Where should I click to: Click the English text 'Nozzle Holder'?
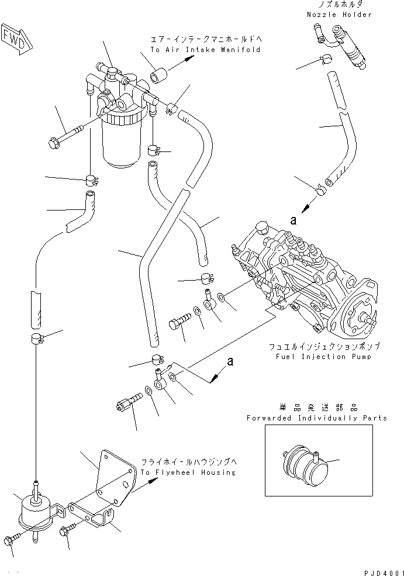339,14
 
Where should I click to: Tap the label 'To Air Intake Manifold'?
205,50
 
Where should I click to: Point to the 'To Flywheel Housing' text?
187,472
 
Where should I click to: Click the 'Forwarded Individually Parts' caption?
316,418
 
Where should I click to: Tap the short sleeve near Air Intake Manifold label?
160,77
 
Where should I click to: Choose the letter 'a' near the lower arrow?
230,362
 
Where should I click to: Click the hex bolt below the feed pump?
11,541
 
